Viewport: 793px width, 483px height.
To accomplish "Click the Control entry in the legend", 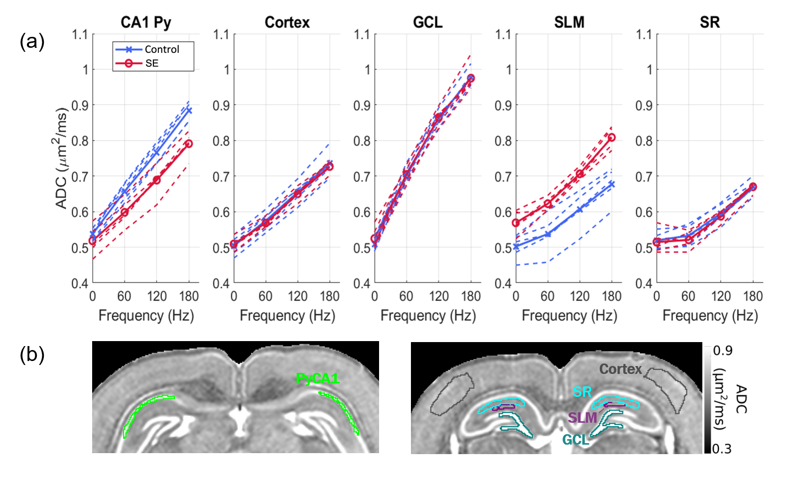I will [161, 49].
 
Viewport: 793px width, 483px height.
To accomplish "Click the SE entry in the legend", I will [151, 63].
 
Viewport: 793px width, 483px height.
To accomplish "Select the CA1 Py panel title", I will [146, 22].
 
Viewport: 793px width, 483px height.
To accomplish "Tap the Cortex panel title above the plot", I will [287, 22].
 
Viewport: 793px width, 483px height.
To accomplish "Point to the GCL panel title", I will [428, 22].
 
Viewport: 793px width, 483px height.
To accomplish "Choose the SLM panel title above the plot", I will [569, 22].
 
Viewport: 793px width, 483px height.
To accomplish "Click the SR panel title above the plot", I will [710, 22].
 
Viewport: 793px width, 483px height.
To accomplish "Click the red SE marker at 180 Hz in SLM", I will [612, 137].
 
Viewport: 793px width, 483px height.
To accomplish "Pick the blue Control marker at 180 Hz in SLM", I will [612, 184].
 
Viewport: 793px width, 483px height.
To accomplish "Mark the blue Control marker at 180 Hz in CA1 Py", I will [189, 110].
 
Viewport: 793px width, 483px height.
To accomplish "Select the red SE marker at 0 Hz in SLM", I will [516, 223].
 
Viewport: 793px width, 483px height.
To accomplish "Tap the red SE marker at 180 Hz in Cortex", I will [329, 166].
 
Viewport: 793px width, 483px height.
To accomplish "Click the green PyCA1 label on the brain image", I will [317, 379].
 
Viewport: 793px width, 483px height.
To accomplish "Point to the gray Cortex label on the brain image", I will [620, 369].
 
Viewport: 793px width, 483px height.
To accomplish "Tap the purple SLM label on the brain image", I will [582, 417].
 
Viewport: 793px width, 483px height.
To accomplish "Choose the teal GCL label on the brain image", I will [575, 440].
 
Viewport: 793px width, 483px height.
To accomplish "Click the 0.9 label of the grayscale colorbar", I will [723, 351].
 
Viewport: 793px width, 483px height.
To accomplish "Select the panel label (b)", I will [32, 355].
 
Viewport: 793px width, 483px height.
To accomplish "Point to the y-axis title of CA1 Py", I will [61, 158].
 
